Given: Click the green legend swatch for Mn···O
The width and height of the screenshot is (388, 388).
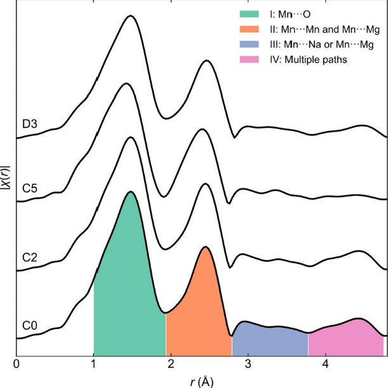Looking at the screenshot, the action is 249,14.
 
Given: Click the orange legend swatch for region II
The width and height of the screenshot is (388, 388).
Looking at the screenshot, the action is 249,29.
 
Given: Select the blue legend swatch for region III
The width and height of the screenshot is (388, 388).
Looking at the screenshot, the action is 249,44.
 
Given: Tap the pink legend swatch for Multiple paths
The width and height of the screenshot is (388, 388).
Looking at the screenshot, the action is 249,60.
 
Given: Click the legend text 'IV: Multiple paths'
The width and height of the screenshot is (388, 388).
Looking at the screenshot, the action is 309,60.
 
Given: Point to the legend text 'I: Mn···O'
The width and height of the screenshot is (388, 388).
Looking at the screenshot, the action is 290,15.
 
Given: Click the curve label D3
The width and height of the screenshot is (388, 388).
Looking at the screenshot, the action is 30,124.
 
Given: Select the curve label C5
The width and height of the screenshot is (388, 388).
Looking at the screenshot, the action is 30,189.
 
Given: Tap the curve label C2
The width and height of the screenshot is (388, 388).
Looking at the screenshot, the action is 30,258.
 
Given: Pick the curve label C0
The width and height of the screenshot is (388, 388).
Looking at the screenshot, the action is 30,325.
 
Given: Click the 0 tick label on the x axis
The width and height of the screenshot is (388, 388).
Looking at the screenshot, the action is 17,365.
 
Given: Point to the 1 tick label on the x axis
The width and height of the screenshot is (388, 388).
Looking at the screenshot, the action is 93,365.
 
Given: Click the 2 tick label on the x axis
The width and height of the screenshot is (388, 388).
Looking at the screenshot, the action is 171,365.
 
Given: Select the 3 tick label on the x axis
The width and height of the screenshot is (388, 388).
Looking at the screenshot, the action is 248,365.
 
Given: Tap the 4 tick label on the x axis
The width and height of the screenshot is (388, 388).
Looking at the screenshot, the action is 326,365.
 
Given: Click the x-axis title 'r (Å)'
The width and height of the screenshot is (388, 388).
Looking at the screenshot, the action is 202,382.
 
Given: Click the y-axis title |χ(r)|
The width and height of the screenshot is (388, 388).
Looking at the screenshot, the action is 6,177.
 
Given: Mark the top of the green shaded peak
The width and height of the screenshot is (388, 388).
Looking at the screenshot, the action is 130,192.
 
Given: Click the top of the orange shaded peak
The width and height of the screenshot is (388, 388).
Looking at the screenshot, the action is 205,247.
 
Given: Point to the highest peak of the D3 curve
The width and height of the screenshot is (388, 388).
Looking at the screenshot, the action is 130,16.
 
